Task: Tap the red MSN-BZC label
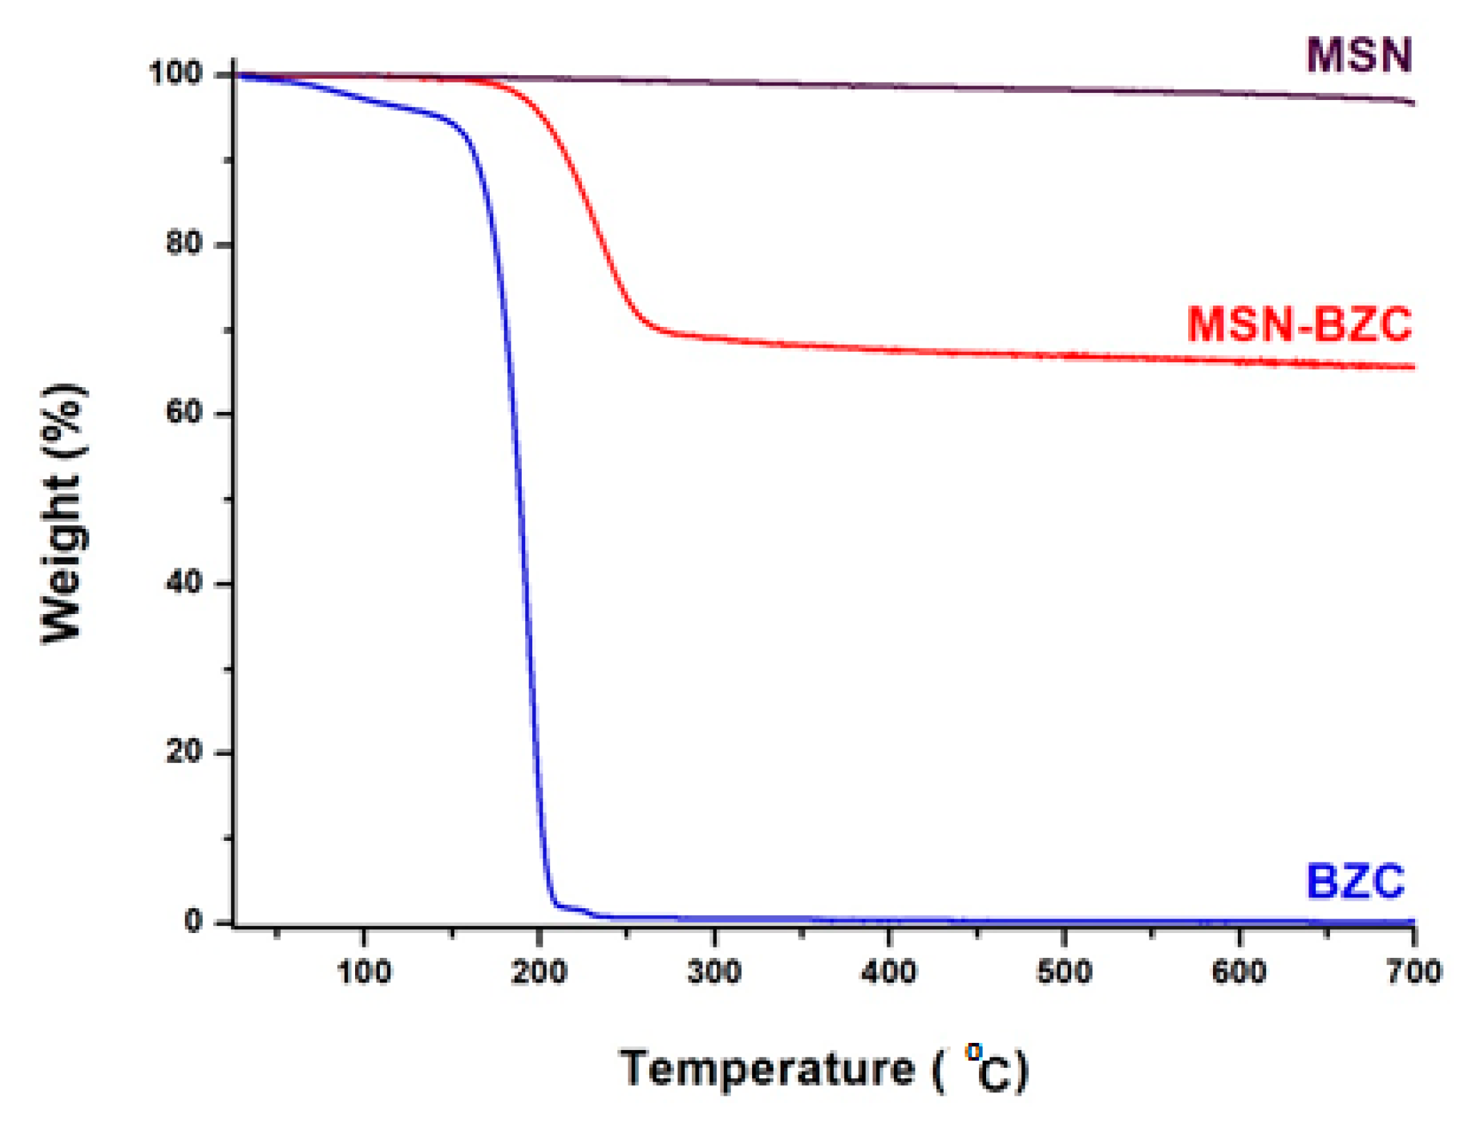point(1299,324)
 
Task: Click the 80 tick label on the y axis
point(184,243)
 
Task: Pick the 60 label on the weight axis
point(184,412)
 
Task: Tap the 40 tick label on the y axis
point(184,583)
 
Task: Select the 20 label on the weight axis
point(184,751)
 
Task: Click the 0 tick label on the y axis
point(194,922)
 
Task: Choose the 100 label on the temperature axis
point(364,972)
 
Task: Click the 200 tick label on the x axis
point(539,972)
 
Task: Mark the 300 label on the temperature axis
point(714,972)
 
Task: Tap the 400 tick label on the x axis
point(889,972)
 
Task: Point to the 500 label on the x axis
point(1064,972)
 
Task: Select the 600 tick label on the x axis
point(1239,972)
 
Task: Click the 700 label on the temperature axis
point(1414,972)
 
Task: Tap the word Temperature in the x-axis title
point(767,1068)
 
